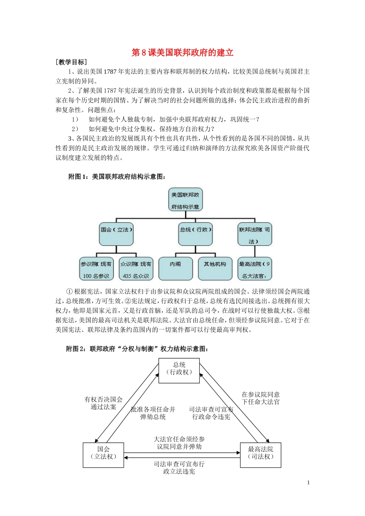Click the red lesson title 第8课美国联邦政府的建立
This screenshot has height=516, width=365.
pos(182,53)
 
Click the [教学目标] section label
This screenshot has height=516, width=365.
pos(71,62)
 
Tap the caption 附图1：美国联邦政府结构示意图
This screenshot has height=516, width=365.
pos(117,177)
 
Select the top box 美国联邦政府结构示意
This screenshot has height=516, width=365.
pos(185,200)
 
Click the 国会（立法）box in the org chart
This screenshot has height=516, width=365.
pos(116,233)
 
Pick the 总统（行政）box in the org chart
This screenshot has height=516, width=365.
pos(195,233)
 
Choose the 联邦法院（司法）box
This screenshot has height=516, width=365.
pos(254,234)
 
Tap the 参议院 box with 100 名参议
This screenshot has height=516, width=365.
pos(96,269)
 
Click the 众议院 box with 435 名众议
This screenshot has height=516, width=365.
pos(136,269)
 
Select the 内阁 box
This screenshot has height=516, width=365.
pos(176,268)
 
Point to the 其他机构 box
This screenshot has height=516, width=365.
pos(215,268)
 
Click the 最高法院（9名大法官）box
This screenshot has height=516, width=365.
pos(254,269)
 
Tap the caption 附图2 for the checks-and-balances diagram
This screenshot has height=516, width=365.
pos(138,349)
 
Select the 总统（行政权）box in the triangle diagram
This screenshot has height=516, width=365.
pos(179,370)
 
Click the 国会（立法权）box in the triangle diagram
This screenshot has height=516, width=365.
pos(103,455)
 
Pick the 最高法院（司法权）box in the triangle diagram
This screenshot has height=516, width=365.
pos(260,455)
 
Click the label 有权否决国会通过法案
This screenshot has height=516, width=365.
pos(103,403)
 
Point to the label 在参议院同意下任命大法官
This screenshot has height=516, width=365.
pos(260,398)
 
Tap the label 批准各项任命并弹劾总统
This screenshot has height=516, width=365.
pos(153,413)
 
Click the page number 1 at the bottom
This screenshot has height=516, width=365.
pos(308,483)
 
